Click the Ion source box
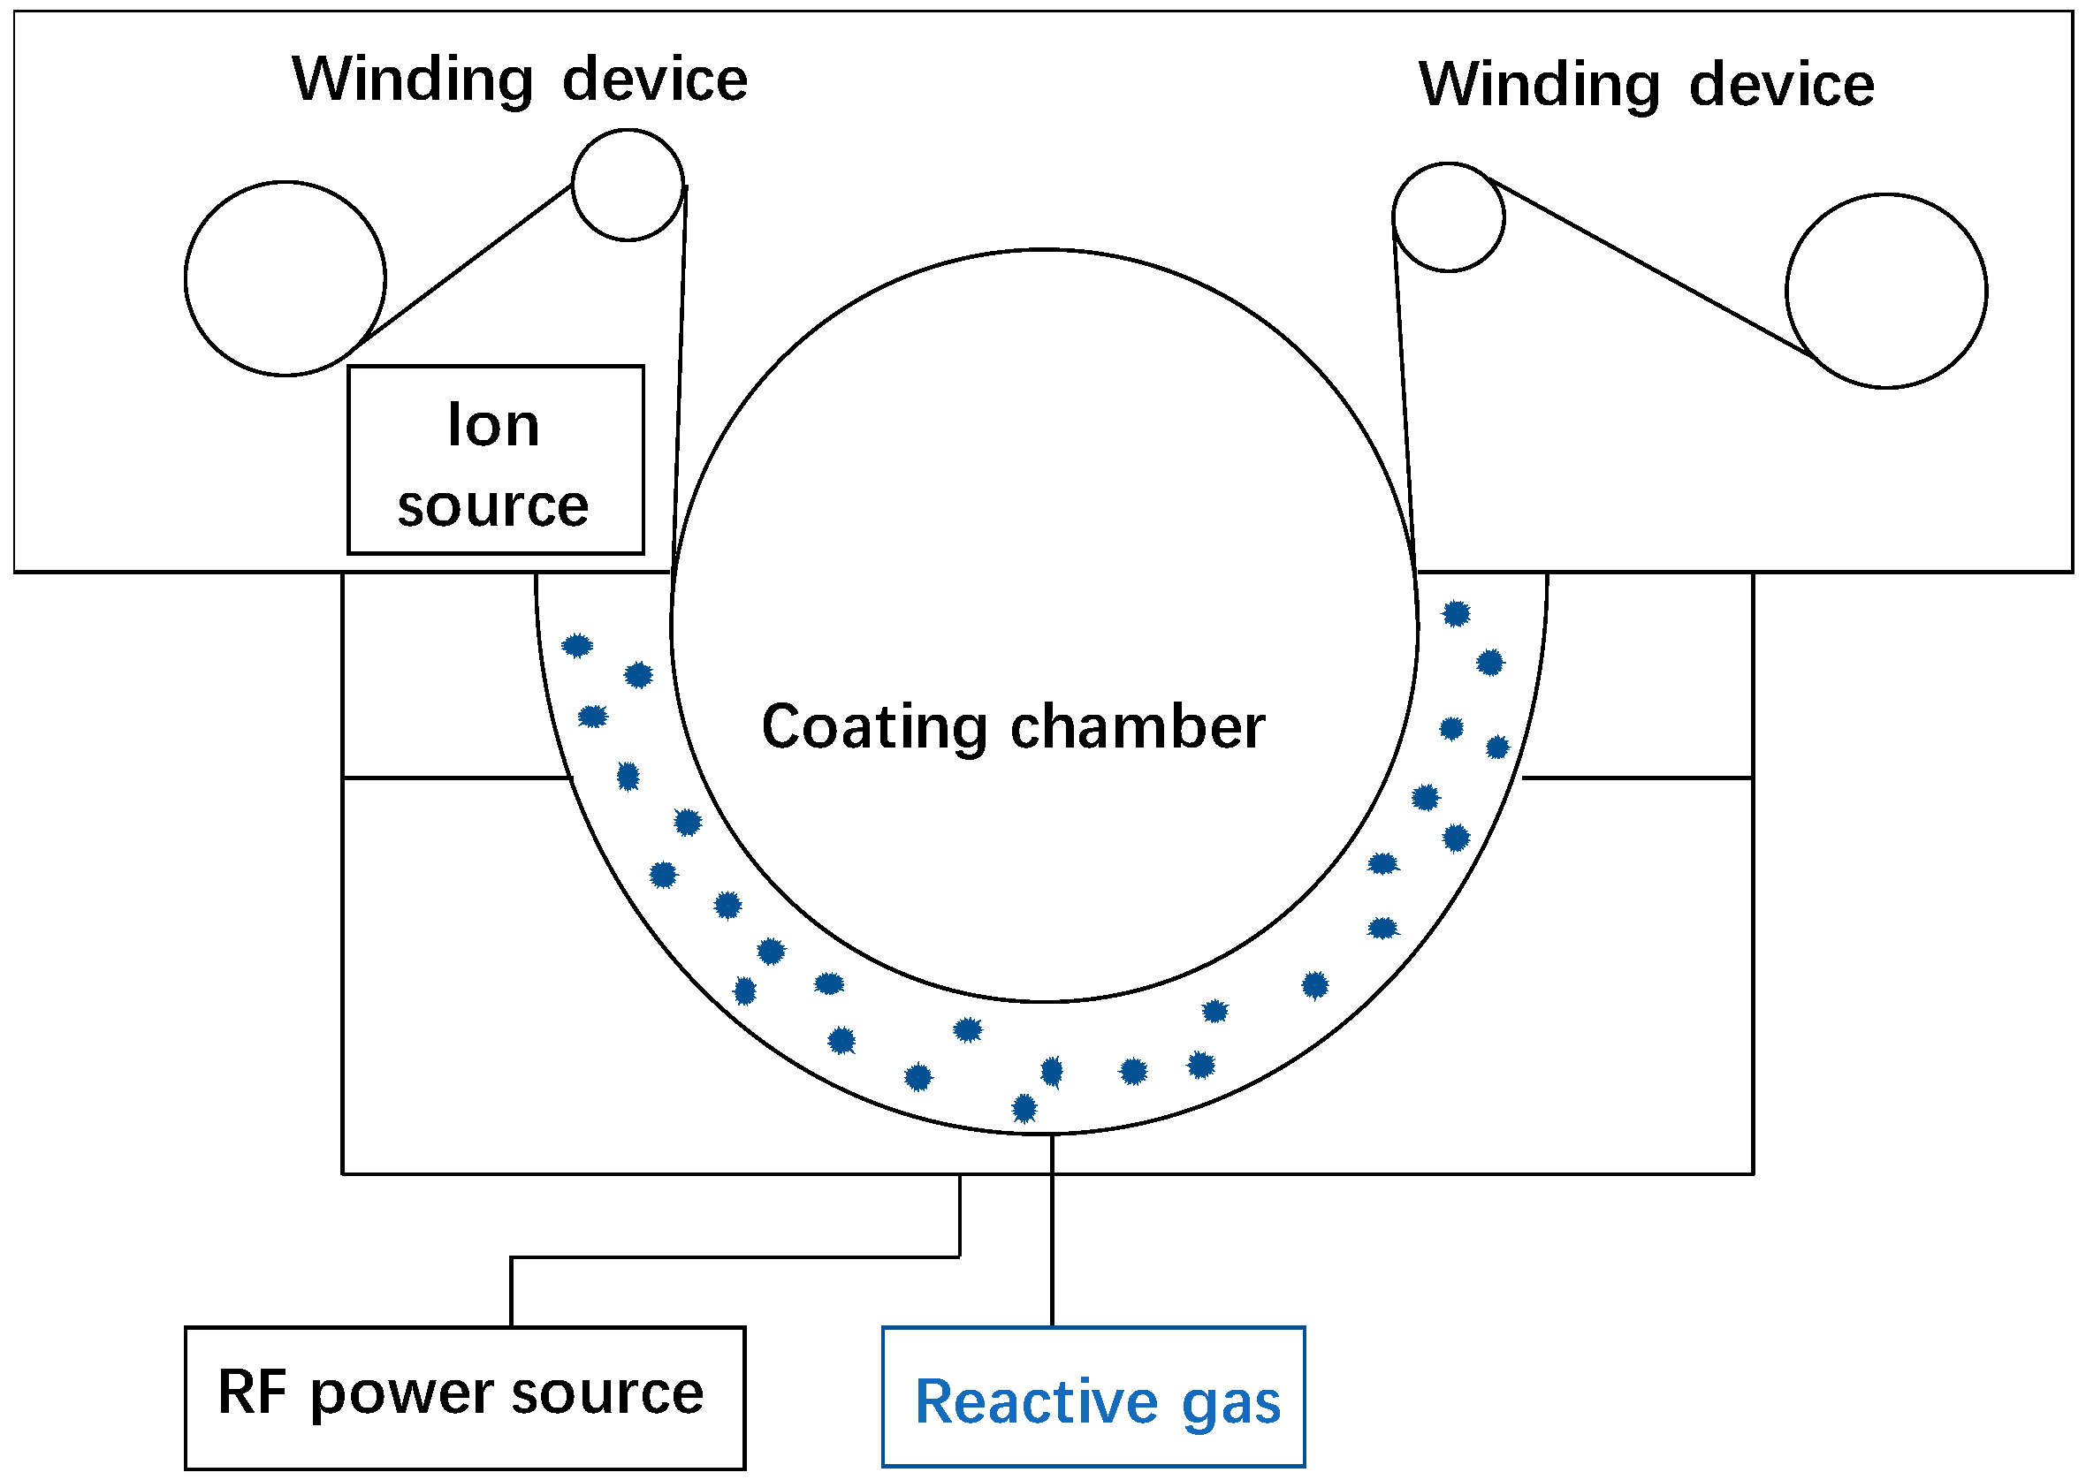tap(495, 460)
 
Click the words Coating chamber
tap(1012, 727)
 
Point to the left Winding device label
tap(520, 80)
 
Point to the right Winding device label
tap(1646, 85)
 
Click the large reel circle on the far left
tap(285, 278)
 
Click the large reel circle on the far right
tap(1885, 291)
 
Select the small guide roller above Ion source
tap(628, 185)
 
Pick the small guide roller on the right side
tap(1448, 216)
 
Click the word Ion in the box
tap(493, 426)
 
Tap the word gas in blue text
tap(1230, 1404)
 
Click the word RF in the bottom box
tap(252, 1392)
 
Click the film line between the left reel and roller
tap(465, 265)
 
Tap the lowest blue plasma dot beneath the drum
tap(1024, 1108)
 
